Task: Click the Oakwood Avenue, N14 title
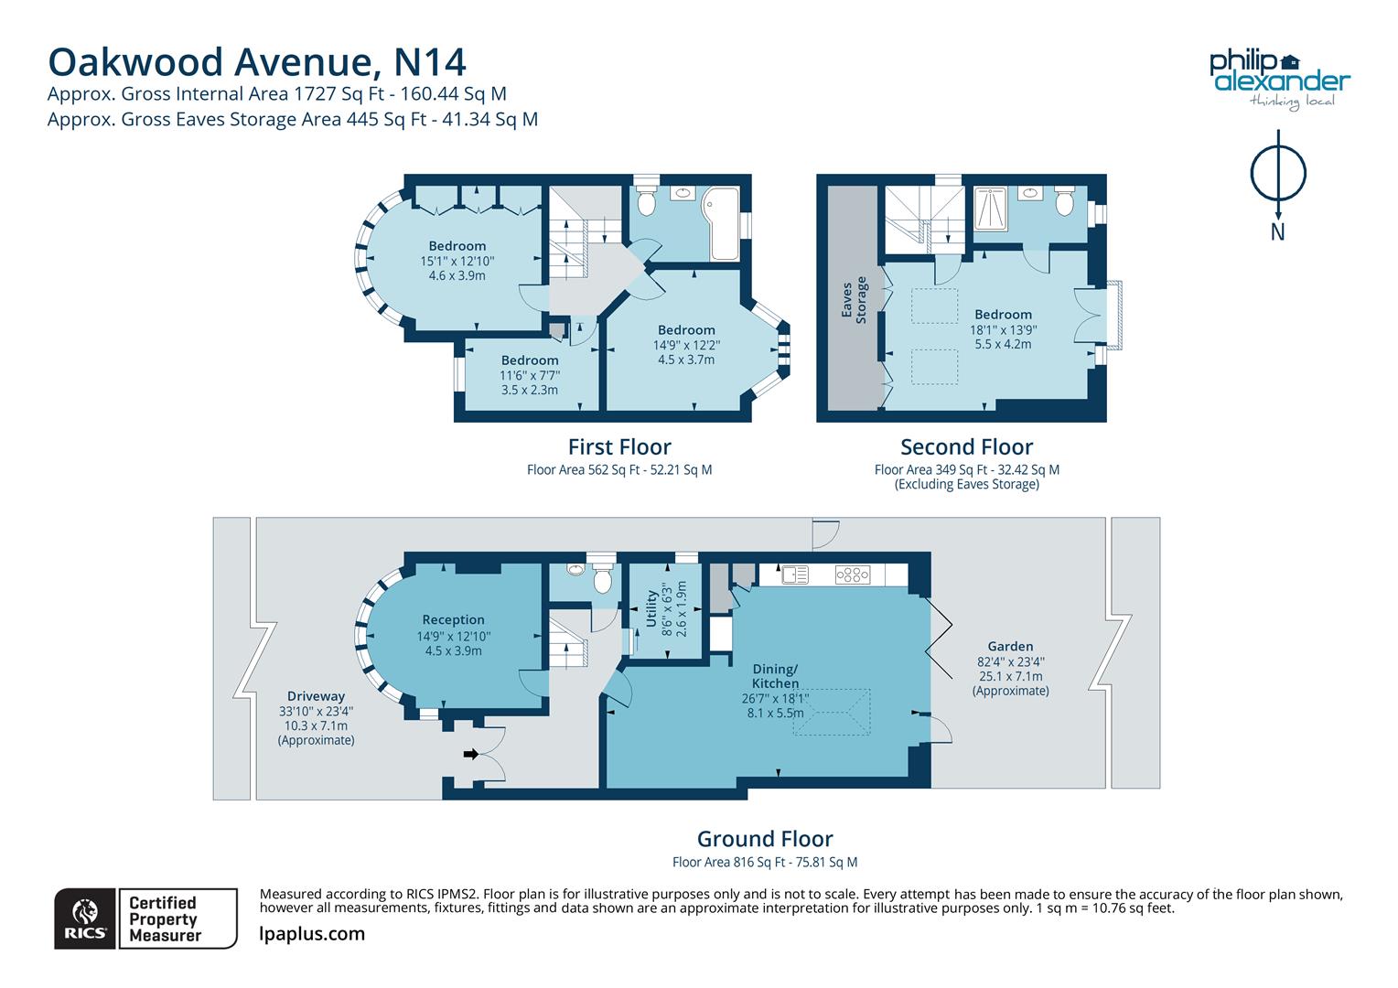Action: (257, 62)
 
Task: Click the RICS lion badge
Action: (85, 918)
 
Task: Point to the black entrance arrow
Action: (471, 754)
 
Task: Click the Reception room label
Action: (453, 619)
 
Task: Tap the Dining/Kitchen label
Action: (775, 676)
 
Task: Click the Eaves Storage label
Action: (854, 302)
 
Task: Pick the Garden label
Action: (1010, 646)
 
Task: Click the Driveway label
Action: (316, 696)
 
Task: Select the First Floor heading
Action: (619, 447)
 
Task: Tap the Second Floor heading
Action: (966, 447)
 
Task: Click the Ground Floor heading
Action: (765, 839)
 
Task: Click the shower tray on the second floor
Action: (991, 208)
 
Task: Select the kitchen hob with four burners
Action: (853, 575)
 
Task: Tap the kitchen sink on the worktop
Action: (794, 575)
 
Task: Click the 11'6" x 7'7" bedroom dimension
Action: (530, 375)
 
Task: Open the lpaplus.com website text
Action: (312, 934)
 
